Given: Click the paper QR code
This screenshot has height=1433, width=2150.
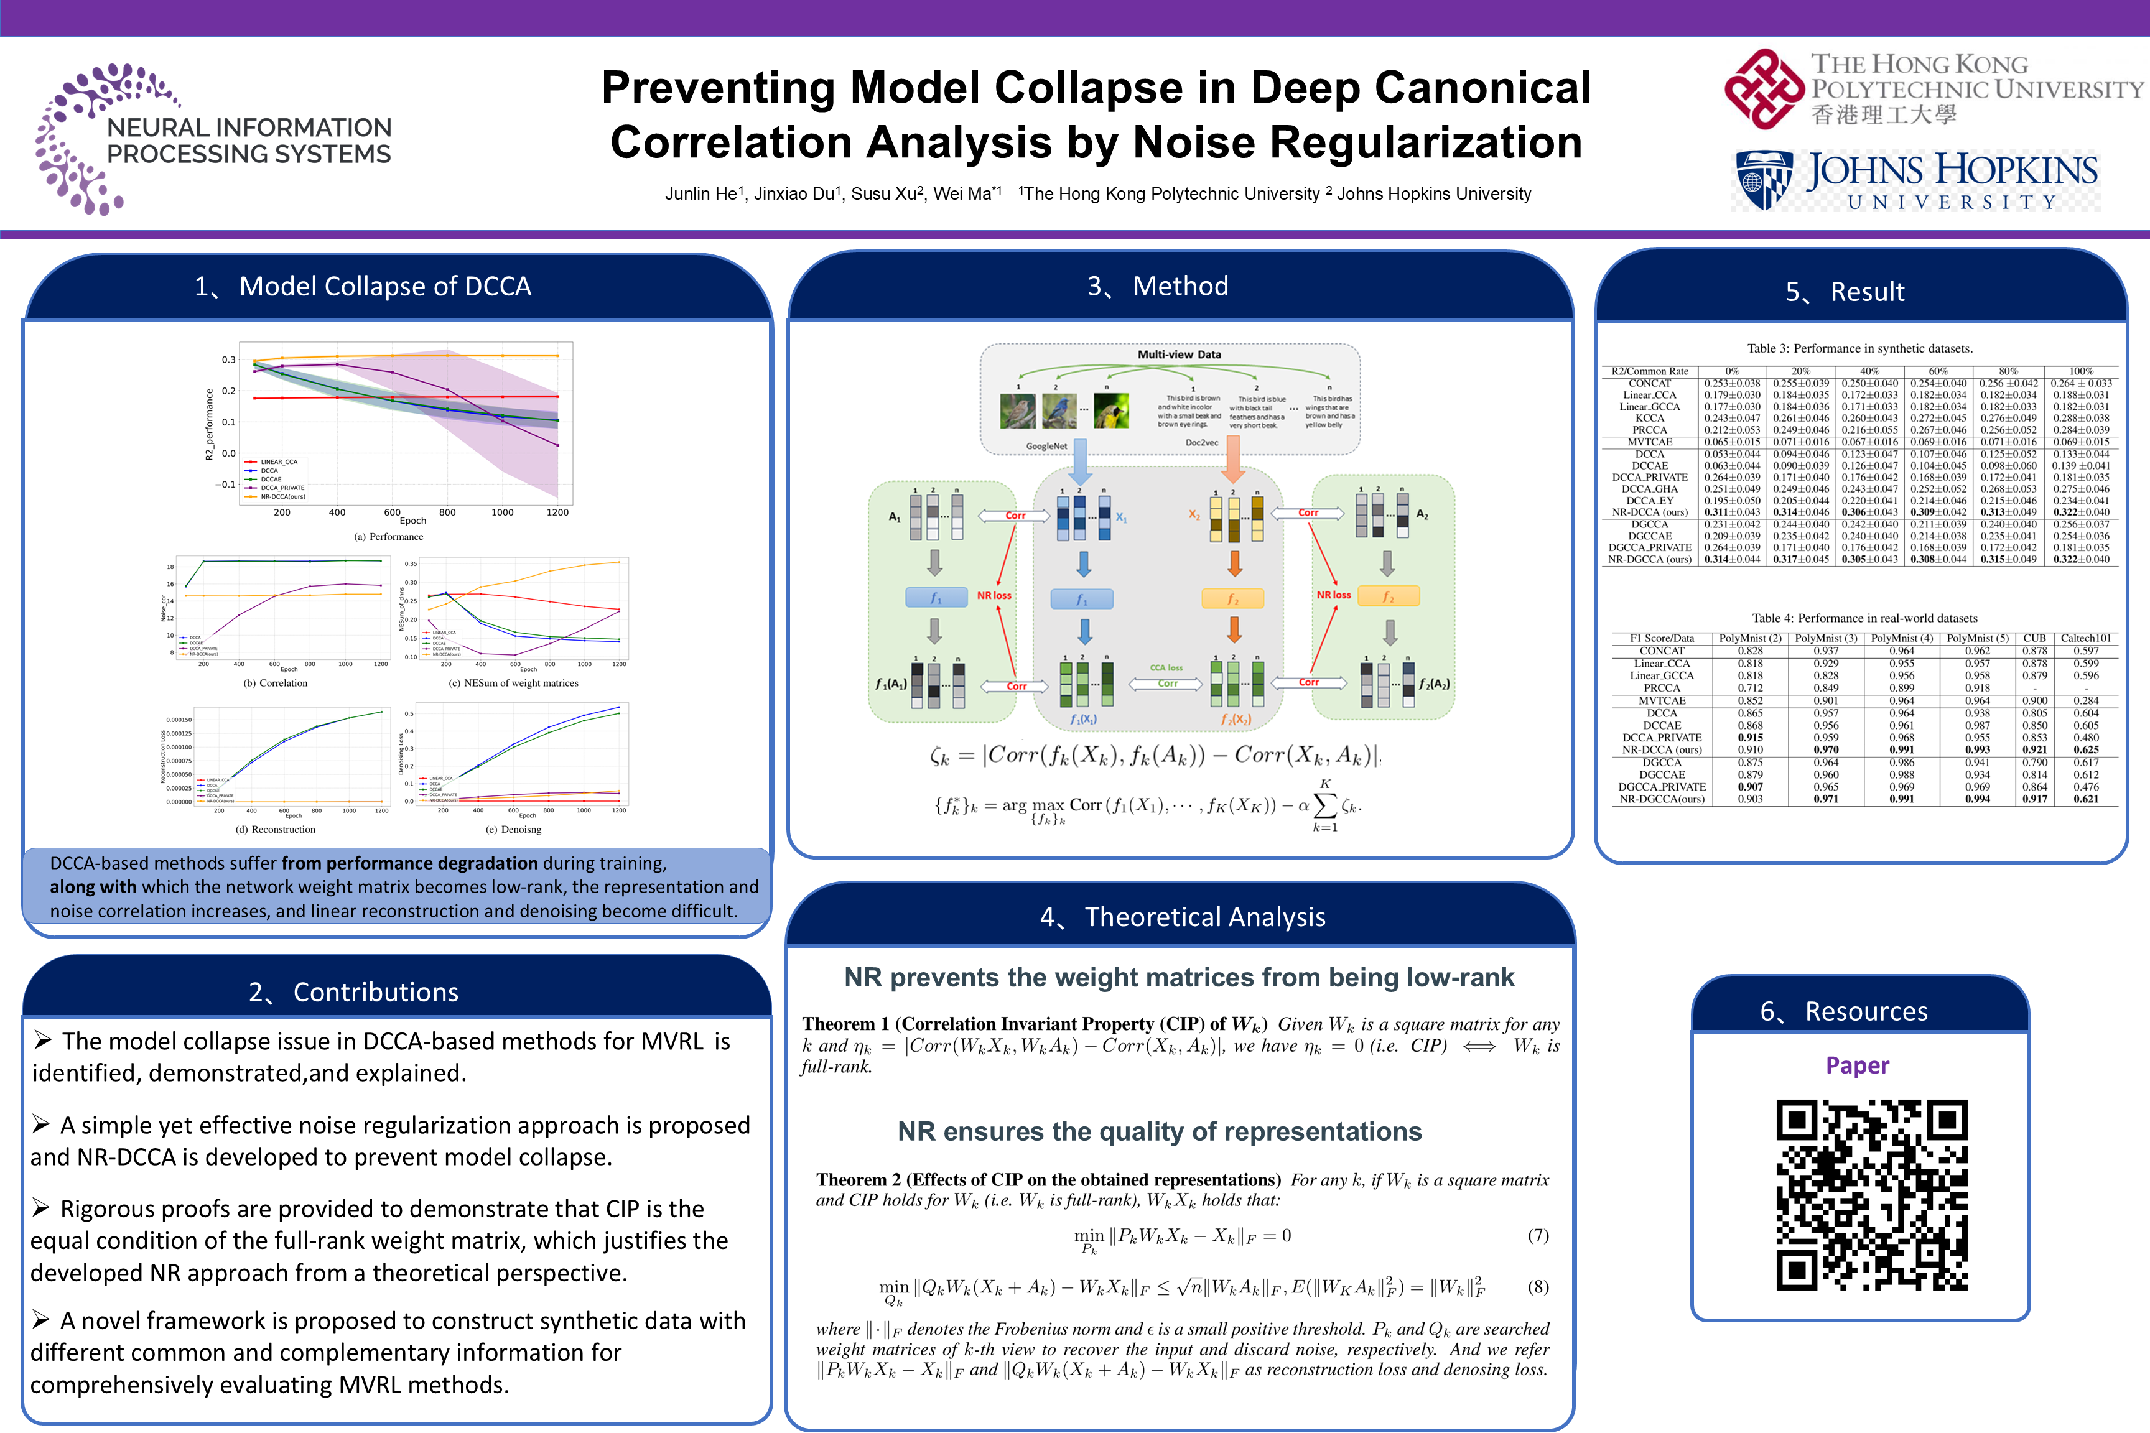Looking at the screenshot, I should [x=1871, y=1194].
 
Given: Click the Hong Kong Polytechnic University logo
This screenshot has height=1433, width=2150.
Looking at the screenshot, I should [x=1932, y=89].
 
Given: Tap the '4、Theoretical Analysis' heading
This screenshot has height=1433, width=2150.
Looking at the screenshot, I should [x=1182, y=917].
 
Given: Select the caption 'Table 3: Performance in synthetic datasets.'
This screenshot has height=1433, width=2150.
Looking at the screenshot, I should [x=1859, y=348].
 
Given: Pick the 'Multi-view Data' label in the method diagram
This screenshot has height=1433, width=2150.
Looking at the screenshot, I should [x=1178, y=355].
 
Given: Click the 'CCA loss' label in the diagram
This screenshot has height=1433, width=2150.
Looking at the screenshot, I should [x=1166, y=668].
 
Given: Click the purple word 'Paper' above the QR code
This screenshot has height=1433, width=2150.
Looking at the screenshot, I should [x=1856, y=1065].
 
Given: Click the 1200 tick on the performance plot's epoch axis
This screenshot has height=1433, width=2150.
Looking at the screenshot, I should [x=557, y=512].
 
